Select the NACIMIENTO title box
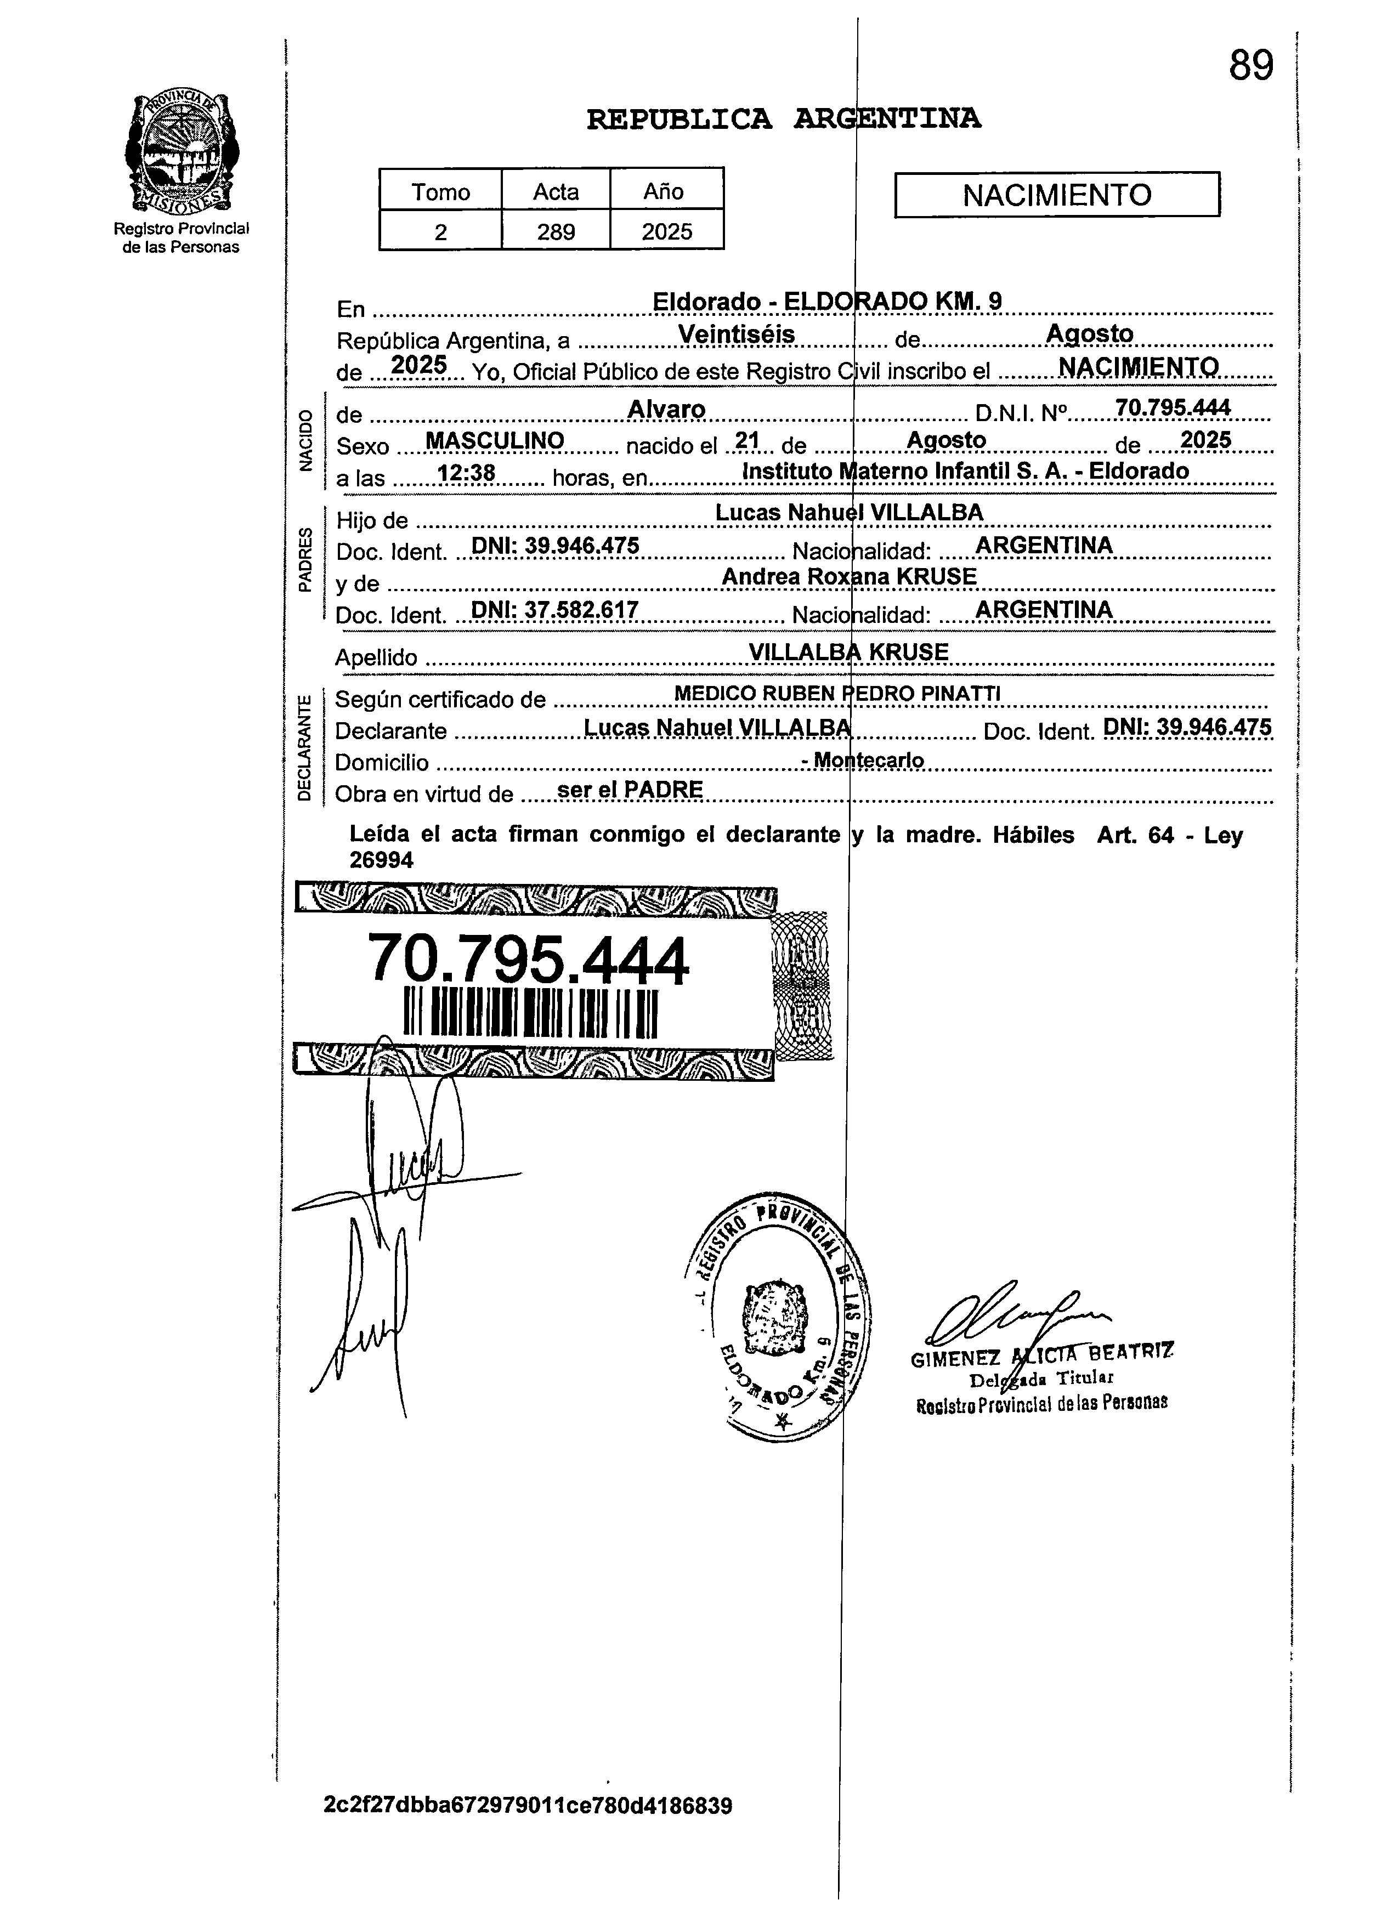tap(1056, 195)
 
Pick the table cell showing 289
tap(556, 231)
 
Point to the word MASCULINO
tap(495, 440)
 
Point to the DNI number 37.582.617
tap(554, 609)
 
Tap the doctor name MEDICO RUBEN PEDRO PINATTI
tap(837, 693)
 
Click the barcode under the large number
tap(531, 1013)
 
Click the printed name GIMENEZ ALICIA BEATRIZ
tap(1041, 1358)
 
